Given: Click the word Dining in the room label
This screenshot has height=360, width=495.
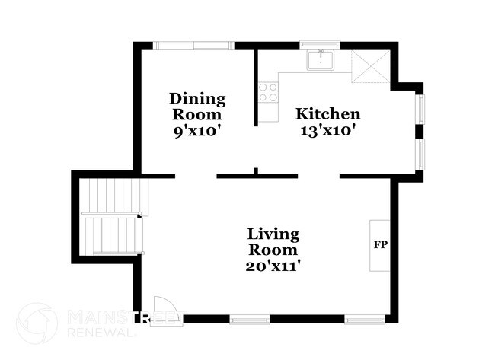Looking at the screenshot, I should pyautogui.click(x=197, y=99).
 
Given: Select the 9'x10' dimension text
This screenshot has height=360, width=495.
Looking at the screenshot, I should pyautogui.click(x=197, y=130).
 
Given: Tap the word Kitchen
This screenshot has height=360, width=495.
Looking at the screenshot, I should pyautogui.click(x=327, y=114).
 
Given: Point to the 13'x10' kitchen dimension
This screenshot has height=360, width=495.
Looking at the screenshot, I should pyautogui.click(x=327, y=130).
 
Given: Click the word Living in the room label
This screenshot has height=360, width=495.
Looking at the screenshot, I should pyautogui.click(x=273, y=234).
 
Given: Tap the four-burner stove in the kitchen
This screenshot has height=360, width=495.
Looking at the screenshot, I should pyautogui.click(x=267, y=93).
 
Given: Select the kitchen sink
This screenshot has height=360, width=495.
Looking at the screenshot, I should pyautogui.click(x=322, y=60).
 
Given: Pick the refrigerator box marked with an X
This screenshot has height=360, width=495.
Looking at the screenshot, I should pyautogui.click(x=369, y=67).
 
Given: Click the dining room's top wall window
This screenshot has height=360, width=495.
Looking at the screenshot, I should pyautogui.click(x=193, y=46).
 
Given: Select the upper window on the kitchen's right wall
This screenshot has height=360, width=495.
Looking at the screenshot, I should pyautogui.click(x=420, y=110).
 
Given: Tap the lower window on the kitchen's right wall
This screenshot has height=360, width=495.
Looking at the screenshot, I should pyautogui.click(x=420, y=155).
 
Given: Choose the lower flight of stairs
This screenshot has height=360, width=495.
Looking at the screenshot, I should pyautogui.click(x=113, y=235).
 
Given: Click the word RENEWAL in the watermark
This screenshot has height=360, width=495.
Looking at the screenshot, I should pyautogui.click(x=95, y=331).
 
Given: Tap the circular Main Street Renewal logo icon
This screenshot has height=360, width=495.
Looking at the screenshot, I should pyautogui.click(x=36, y=323).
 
